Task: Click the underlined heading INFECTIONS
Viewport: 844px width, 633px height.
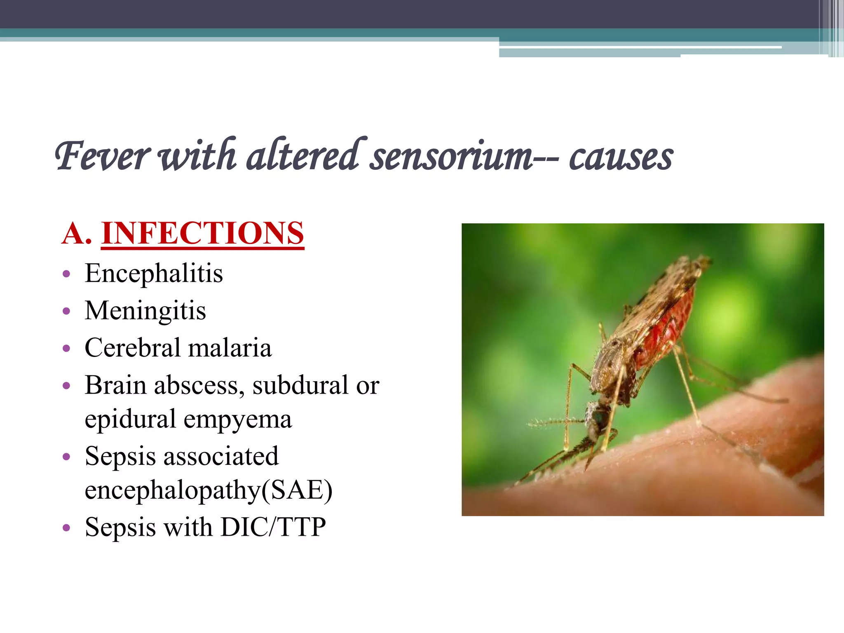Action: coord(202,233)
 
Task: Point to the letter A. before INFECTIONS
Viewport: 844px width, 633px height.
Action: coord(76,233)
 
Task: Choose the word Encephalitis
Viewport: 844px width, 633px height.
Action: coord(154,273)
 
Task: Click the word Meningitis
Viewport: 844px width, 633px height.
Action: coord(145,310)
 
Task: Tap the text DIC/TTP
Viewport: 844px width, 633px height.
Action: coord(273,527)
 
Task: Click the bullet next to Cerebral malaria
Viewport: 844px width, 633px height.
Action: coord(66,349)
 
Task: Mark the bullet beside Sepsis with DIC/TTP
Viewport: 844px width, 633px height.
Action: coord(66,528)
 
